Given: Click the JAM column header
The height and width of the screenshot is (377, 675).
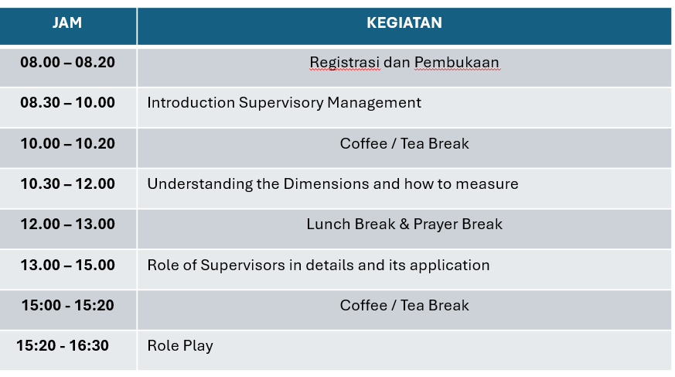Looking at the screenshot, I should click(67, 23).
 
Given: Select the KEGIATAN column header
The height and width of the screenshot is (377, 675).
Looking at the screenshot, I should click(404, 23).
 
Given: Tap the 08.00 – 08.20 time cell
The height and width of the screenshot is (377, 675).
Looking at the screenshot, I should click(67, 62).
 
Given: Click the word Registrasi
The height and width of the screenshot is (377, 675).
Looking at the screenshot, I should click(345, 63).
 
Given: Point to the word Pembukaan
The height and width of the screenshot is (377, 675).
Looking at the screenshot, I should click(457, 63).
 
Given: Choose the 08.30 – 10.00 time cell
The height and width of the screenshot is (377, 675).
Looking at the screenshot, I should click(67, 102).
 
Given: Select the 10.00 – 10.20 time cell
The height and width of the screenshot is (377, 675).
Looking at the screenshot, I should click(67, 143).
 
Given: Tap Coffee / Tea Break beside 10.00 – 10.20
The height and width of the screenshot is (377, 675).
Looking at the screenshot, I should click(404, 143).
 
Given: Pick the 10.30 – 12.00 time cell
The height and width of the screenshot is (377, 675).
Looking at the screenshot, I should click(67, 183).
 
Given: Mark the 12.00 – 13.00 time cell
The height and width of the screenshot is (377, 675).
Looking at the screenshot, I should click(67, 224).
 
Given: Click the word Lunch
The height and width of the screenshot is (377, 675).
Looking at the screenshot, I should click(329, 224).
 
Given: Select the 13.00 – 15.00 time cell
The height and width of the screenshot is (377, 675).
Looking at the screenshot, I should click(67, 265).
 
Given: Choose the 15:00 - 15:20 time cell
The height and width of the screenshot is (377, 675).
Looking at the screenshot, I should click(67, 305).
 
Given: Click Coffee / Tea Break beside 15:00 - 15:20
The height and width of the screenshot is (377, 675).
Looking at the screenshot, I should click(404, 305).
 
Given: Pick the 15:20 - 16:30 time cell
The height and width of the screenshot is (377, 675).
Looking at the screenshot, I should click(63, 345).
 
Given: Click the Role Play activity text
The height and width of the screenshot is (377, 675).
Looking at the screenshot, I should click(180, 345).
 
